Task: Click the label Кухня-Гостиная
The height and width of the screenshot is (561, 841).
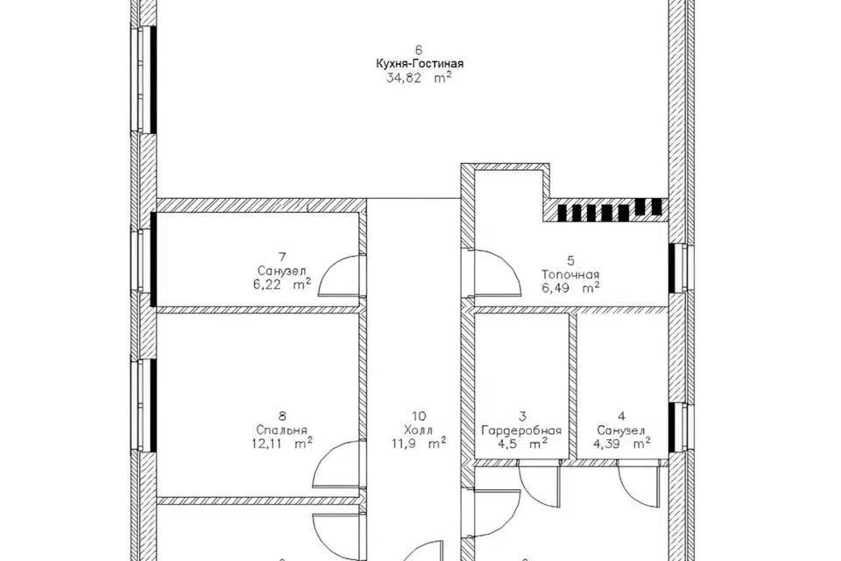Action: (x=420, y=64)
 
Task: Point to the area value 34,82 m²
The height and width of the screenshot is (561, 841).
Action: (x=420, y=78)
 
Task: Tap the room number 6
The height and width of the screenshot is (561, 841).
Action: (x=420, y=50)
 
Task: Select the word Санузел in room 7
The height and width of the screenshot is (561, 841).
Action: (x=282, y=271)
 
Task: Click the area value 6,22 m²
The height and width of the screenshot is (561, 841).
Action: (x=282, y=285)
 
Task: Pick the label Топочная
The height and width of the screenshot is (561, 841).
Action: (x=570, y=275)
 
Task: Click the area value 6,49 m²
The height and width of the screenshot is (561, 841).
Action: (x=570, y=288)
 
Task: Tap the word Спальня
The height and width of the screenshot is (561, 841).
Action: (x=282, y=430)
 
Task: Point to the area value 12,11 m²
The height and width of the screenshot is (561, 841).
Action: (x=282, y=444)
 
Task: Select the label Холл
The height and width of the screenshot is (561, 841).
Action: (x=420, y=430)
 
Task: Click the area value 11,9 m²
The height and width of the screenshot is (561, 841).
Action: (x=420, y=444)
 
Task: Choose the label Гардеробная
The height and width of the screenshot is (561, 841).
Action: (x=521, y=430)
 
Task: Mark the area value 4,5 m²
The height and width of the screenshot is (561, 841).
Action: (x=521, y=444)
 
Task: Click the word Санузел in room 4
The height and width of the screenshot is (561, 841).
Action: (x=621, y=430)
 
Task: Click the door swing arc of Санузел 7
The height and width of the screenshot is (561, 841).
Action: (x=329, y=266)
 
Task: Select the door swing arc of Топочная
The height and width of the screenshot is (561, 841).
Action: (x=507, y=262)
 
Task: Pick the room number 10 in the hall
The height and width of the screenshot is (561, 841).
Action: (x=420, y=416)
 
